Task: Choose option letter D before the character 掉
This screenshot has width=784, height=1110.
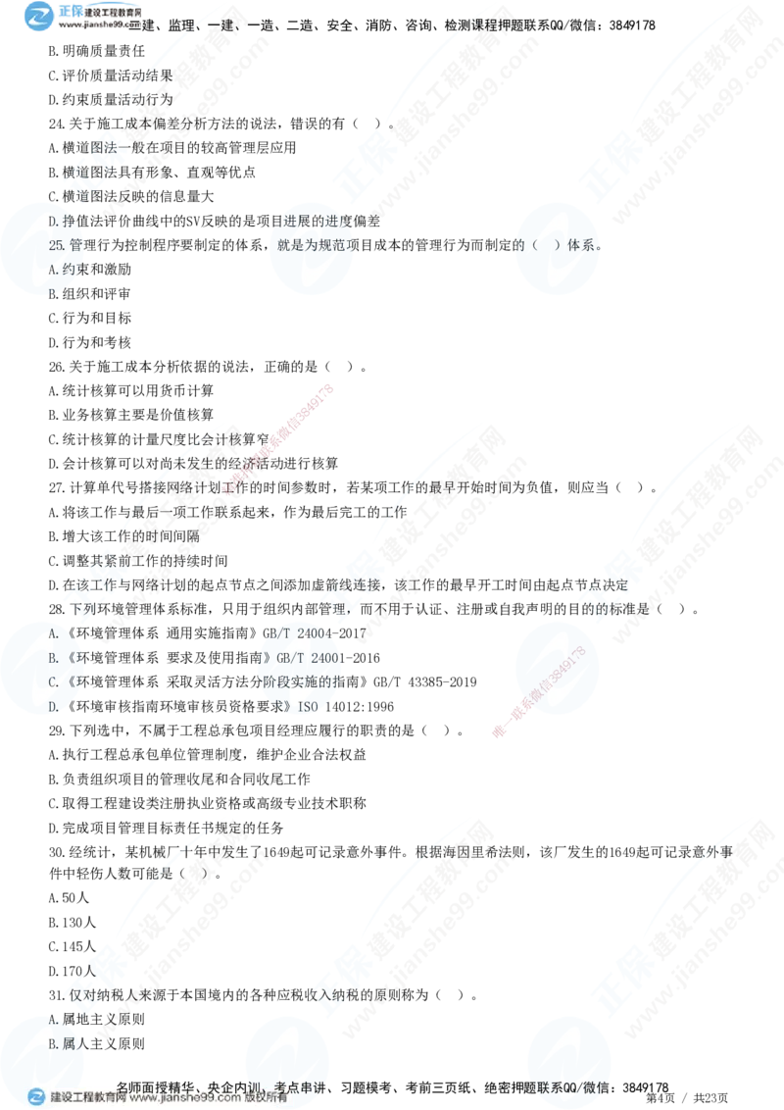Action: tap(53, 222)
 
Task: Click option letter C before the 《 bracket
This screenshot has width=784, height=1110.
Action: tap(53, 681)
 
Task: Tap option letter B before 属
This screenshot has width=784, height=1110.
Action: tap(53, 1044)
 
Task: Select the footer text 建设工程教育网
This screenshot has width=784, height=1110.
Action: tap(87, 1098)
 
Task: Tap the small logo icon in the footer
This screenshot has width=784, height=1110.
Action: tap(36, 1098)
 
